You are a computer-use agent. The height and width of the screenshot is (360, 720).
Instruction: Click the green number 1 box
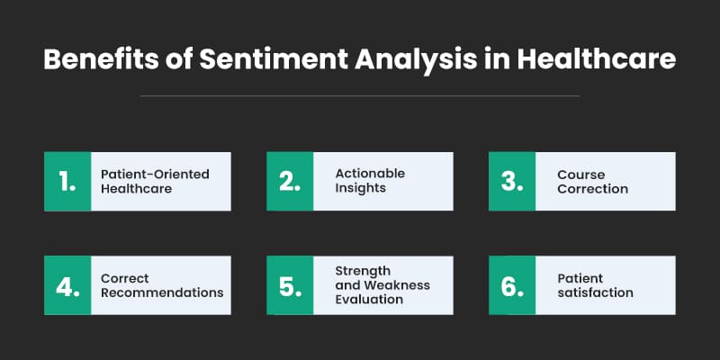[x=68, y=182]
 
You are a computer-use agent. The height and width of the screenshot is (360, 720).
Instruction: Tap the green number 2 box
[x=290, y=182]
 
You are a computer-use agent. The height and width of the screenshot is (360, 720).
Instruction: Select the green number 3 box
[x=512, y=182]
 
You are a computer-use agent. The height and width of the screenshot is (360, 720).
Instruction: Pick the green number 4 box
[x=68, y=285]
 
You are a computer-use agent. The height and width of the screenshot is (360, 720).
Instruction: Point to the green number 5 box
[x=290, y=285]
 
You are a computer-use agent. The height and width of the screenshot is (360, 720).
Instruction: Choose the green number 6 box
[x=512, y=285]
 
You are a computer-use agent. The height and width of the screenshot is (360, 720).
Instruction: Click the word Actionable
[x=370, y=174]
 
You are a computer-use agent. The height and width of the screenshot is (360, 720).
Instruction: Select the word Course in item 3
[x=580, y=174]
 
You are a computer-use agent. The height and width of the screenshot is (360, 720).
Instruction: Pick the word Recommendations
[x=162, y=293]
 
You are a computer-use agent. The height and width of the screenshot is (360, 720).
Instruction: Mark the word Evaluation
[x=369, y=300]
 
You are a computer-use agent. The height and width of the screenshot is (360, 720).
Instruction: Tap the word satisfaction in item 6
[x=595, y=293]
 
